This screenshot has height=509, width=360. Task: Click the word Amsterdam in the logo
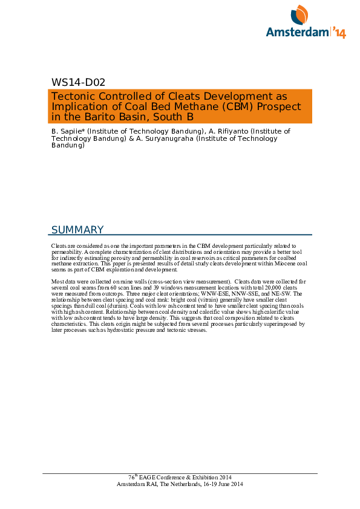coord(297,33)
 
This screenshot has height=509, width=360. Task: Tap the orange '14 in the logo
coord(338,33)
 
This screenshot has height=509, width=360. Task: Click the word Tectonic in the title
coord(71,97)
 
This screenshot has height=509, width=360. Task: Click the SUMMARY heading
coord(77,230)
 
